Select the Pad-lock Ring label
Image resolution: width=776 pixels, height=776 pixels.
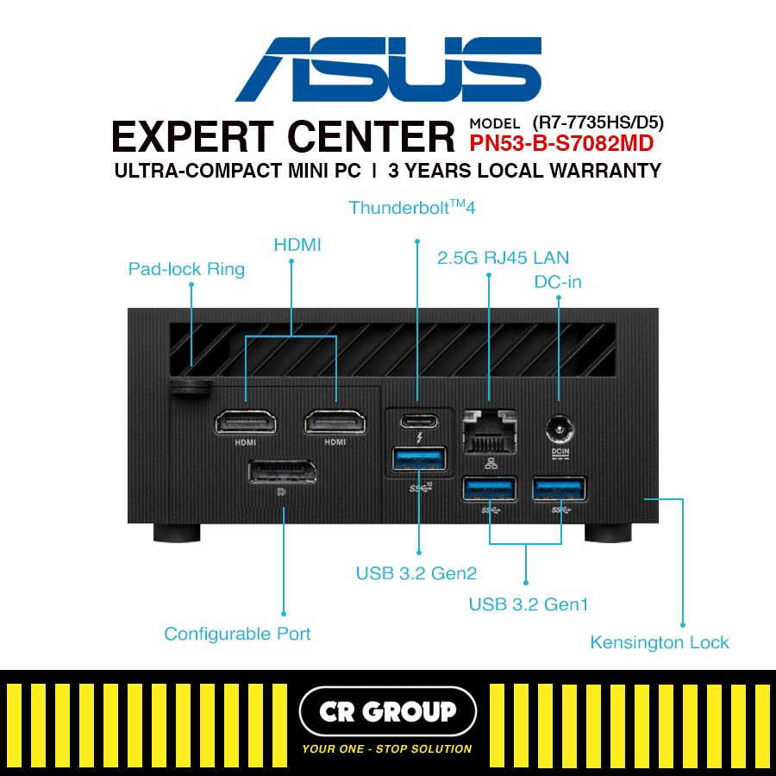pos(186,269)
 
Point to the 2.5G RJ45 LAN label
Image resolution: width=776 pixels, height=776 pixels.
pos(504,257)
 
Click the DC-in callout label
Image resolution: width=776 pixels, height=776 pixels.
pos(559,281)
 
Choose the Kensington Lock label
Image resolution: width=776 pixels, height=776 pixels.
pos(659,642)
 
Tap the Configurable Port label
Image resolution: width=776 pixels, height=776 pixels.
pos(237,634)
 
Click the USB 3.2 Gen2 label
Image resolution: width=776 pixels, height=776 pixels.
pos(416,573)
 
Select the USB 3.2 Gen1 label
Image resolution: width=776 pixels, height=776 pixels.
pos(529,604)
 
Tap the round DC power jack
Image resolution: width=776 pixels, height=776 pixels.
pos(559,427)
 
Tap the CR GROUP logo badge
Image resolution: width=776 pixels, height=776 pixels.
pos(388,711)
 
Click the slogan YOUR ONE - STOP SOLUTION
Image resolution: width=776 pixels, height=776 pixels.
pos(387,748)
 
